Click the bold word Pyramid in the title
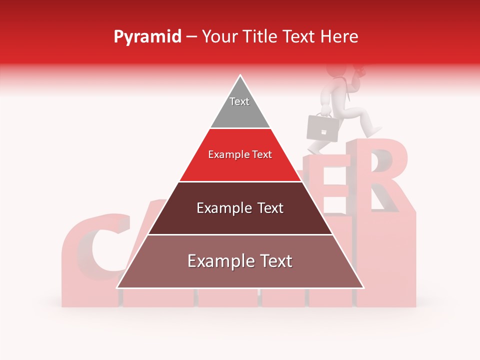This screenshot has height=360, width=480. tap(147, 37)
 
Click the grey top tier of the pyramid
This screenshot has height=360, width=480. tap(240, 107)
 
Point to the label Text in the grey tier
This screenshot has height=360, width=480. tap(239, 101)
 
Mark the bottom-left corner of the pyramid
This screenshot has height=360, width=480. tap(117, 287)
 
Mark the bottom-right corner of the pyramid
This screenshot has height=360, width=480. tap(363, 287)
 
